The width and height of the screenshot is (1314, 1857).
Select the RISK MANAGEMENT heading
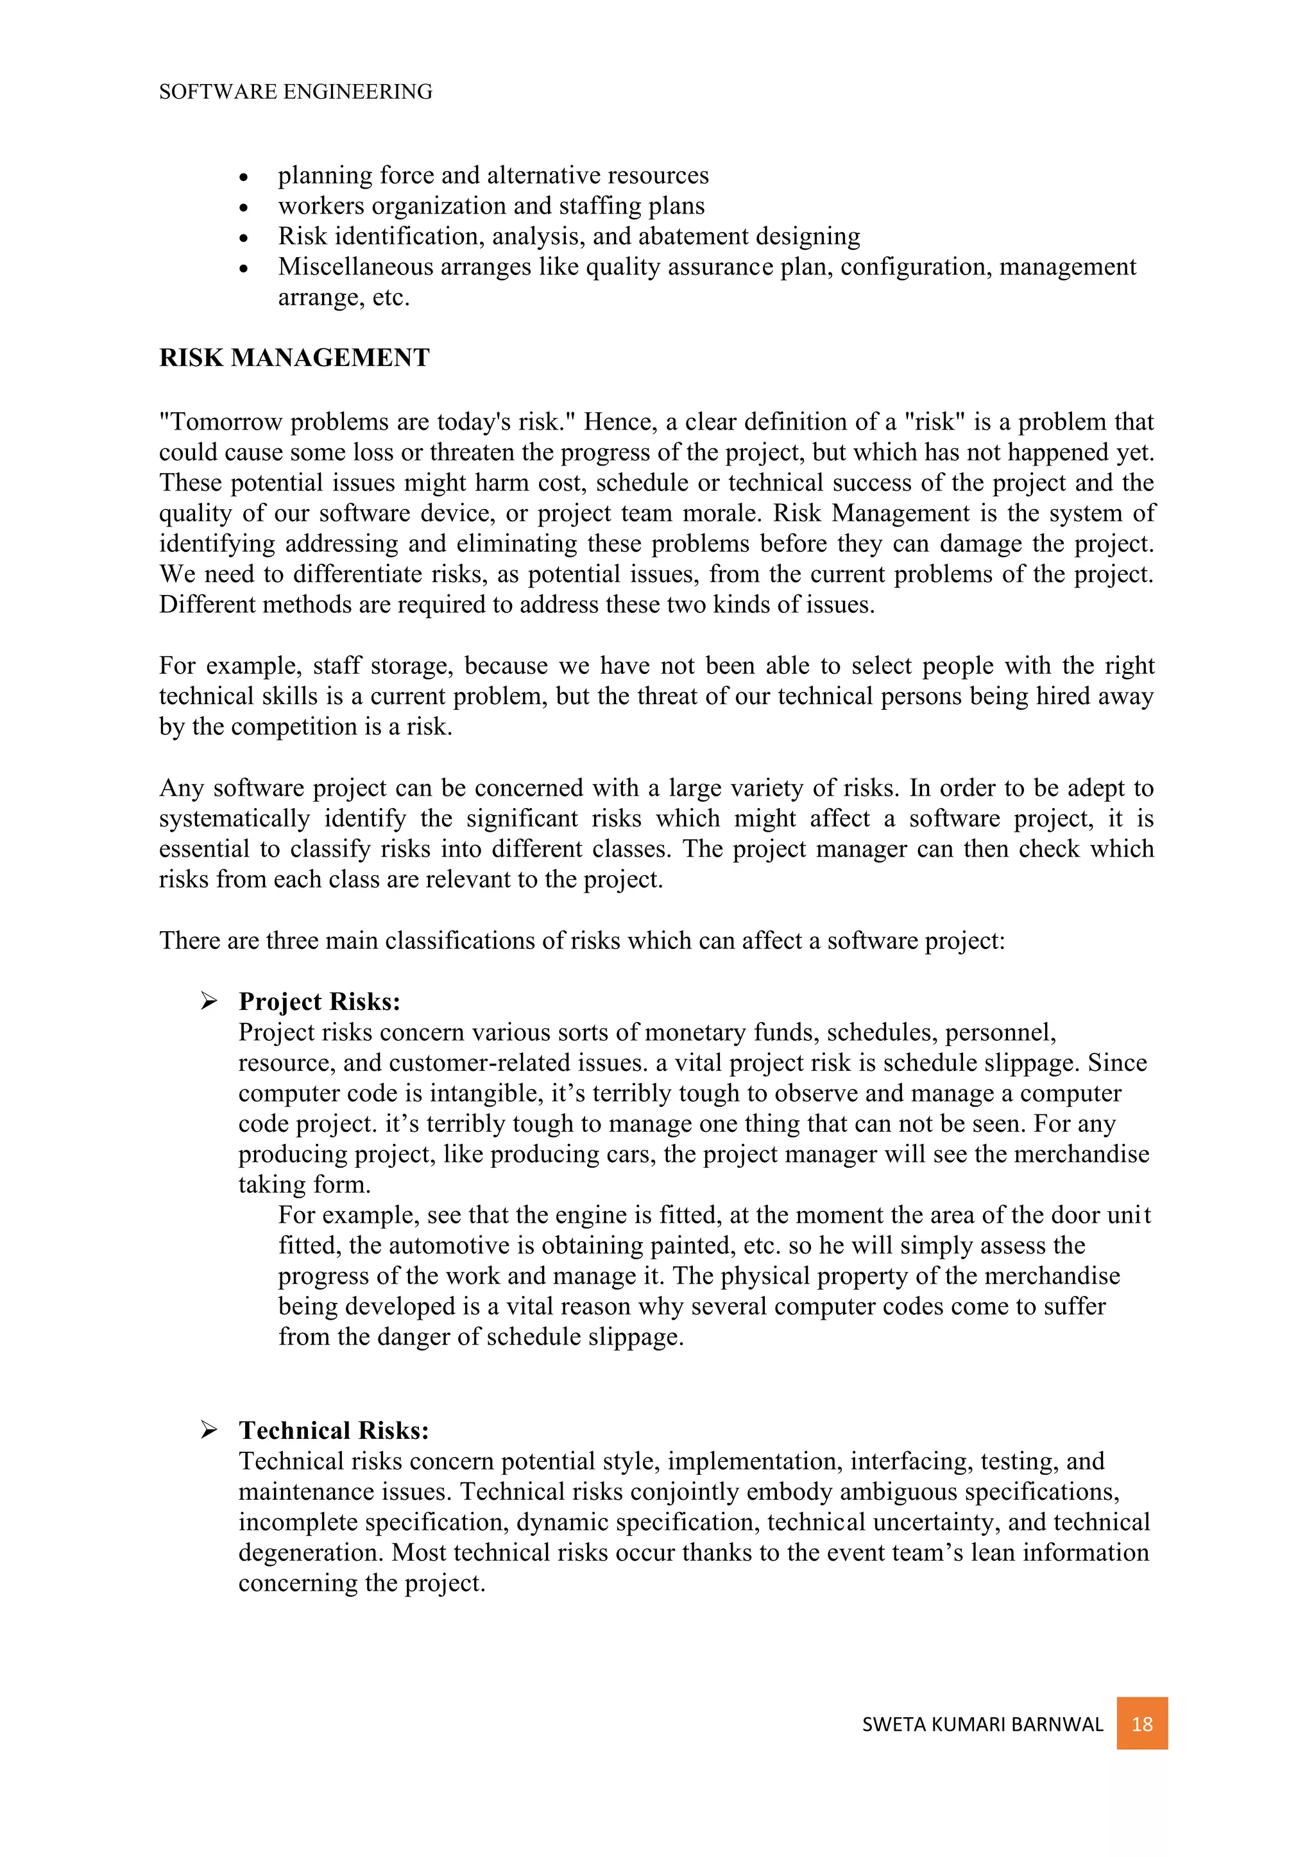(x=294, y=358)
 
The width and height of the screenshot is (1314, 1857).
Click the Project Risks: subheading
(x=319, y=1002)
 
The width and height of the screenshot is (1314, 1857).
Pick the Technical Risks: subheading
(x=334, y=1430)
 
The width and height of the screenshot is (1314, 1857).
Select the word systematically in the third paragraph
(x=235, y=818)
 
